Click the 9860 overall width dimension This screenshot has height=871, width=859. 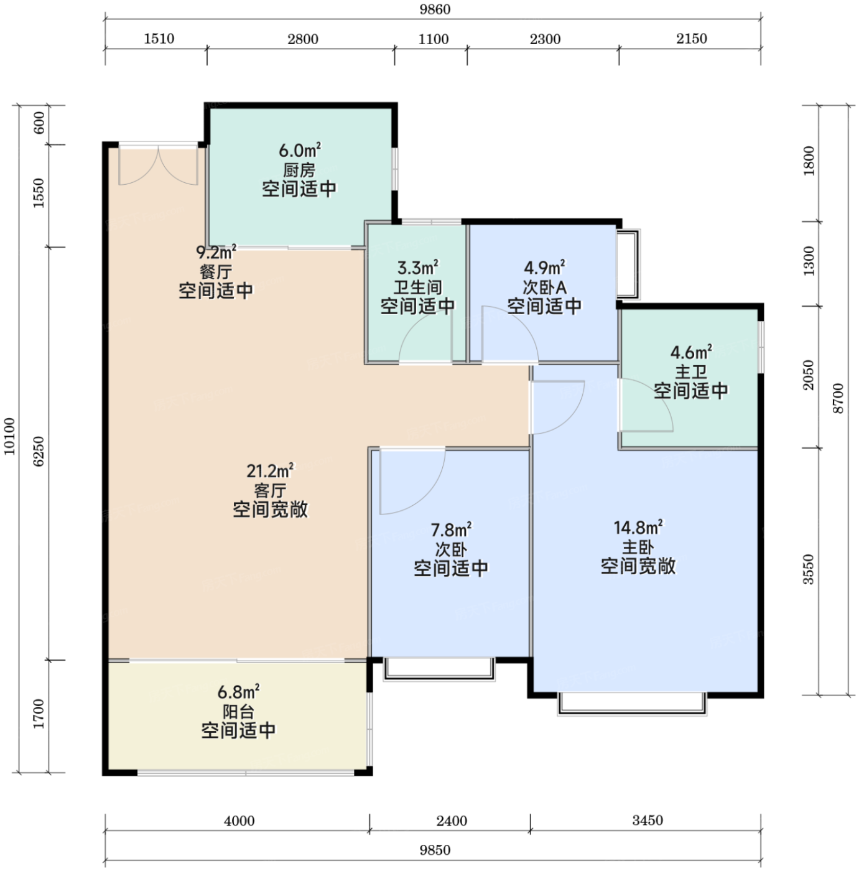[x=434, y=9]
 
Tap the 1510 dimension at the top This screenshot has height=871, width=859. [x=159, y=39]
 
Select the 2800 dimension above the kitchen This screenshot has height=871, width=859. [x=303, y=39]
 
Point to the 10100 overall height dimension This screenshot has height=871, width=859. [x=9, y=436]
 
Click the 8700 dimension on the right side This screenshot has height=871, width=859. [x=838, y=398]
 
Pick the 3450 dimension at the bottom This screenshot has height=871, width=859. [x=648, y=820]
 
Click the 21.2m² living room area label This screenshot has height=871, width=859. [x=270, y=471]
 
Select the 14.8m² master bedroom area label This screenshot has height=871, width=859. [x=638, y=528]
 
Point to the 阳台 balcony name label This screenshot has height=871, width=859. [x=238, y=712]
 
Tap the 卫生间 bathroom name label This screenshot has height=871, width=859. [x=417, y=287]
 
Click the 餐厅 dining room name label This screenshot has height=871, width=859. [x=216, y=272]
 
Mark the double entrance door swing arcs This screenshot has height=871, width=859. [x=158, y=165]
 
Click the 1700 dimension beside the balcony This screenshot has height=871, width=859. [x=39, y=714]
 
